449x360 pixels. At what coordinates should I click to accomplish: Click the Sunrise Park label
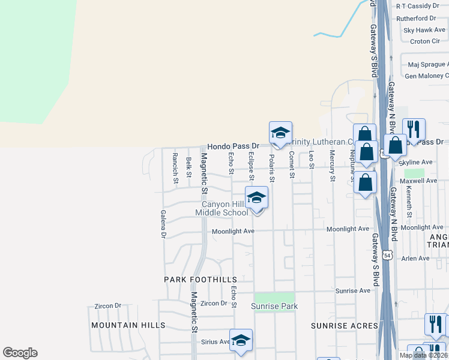pos(274,307)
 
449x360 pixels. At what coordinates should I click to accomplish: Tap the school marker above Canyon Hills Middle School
pos(256,198)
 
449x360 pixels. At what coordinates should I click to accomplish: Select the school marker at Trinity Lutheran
pos(280,133)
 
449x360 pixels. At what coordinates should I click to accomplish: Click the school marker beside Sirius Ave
pos(241,340)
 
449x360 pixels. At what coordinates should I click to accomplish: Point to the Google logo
pos(20,353)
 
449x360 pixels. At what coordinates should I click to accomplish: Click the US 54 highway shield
pos(388,255)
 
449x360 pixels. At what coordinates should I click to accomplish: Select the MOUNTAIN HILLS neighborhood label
pos(128,325)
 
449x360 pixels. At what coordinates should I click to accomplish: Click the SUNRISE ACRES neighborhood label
pos(344,326)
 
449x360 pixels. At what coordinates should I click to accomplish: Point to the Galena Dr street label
pos(163,224)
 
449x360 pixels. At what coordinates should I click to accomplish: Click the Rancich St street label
pos(175,168)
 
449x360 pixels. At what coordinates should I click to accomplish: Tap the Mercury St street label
pos(332,166)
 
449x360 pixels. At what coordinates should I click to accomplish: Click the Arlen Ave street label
pos(415,259)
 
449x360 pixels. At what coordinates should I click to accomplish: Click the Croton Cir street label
pos(425,41)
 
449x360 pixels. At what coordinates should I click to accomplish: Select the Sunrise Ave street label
pos(353,290)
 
